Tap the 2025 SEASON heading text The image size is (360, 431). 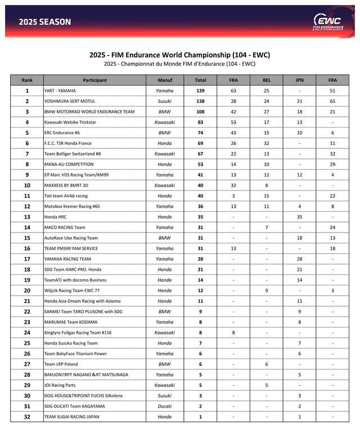click(x=45, y=22)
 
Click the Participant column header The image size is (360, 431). click(x=94, y=80)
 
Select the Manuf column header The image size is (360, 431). click(x=165, y=80)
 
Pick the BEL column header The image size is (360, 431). click(x=267, y=80)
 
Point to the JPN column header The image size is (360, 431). click(x=299, y=80)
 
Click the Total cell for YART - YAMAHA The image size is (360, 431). click(x=200, y=90)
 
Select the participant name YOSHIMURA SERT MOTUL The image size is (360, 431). click(x=74, y=101)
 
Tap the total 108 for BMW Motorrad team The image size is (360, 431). click(x=200, y=112)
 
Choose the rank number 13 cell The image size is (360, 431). click(x=27, y=217)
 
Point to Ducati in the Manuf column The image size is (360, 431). click(x=165, y=406)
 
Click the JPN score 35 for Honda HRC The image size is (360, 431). click(x=299, y=217)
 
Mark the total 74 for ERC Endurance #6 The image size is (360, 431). click(x=200, y=133)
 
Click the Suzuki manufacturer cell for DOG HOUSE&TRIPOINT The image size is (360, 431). click(x=165, y=396)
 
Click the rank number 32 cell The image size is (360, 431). click(x=27, y=417)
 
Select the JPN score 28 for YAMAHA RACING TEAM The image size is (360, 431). click(x=299, y=259)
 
